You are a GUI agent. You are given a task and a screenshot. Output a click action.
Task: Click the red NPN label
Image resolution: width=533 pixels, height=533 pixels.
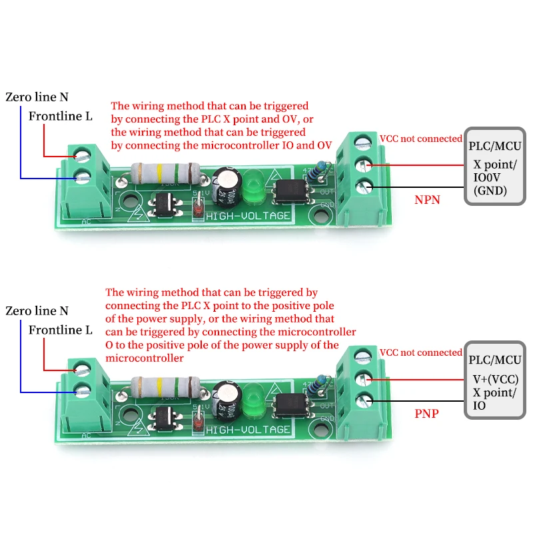coord(427,199)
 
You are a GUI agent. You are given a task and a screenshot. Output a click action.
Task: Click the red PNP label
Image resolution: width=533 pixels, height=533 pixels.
coord(426,413)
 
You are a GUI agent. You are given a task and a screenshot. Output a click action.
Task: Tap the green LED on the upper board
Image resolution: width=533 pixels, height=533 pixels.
coord(252,188)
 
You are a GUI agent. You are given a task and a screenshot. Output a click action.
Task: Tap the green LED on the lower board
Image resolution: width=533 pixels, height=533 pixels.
coord(252,401)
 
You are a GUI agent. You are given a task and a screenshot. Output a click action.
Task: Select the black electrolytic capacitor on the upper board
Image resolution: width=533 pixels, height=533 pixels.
coord(227,186)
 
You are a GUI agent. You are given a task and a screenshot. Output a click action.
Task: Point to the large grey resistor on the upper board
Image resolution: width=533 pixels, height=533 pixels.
coord(165,173)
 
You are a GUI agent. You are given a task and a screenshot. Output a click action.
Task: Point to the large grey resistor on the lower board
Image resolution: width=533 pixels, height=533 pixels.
coord(165,387)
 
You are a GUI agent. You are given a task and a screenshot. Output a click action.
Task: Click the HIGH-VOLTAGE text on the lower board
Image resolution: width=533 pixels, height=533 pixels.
coord(248,430)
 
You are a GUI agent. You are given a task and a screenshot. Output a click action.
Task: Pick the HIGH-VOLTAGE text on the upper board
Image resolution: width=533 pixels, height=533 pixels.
coord(248,216)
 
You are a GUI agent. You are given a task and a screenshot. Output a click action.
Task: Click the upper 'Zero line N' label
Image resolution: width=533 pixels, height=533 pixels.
coord(37,97)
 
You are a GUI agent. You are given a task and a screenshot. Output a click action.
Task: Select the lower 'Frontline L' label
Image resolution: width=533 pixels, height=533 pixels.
coord(60,330)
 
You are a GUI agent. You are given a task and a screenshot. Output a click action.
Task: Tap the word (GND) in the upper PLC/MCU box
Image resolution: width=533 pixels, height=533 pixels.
coord(490,191)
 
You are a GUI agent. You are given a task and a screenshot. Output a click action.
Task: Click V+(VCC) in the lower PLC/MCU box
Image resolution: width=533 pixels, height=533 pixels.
coord(495,379)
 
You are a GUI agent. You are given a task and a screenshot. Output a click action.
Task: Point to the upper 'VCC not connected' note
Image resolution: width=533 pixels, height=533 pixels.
coord(421,139)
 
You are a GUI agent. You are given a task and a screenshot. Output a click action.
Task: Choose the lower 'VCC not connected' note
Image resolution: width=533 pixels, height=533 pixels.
coord(421,352)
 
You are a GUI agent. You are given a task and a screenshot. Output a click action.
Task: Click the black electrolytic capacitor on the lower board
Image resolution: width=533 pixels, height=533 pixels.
coord(227,400)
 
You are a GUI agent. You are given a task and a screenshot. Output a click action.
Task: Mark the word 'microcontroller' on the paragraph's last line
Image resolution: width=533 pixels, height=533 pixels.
coord(145,358)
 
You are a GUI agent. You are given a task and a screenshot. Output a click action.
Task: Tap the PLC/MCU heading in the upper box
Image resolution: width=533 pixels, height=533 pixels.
coord(494,146)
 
